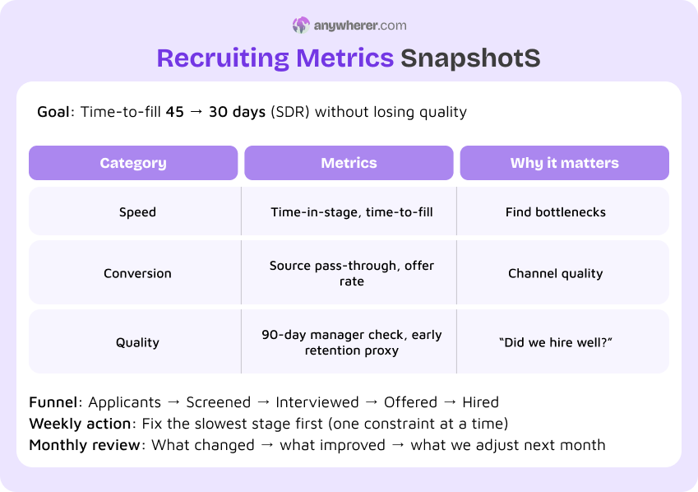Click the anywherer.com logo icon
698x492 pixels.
[301, 26]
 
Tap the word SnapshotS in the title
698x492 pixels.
[470, 58]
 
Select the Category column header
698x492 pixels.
[133, 163]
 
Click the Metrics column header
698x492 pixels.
[349, 163]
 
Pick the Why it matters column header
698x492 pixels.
[564, 163]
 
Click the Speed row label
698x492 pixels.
[137, 212]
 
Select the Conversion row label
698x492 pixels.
[137, 273]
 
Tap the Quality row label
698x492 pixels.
[137, 342]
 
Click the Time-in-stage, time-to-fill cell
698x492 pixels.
[351, 212]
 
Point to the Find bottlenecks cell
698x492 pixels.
[555, 212]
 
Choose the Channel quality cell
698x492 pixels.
[555, 273]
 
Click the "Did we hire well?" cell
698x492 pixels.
[555, 342]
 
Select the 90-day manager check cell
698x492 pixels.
[351, 342]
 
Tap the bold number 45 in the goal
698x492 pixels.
[175, 112]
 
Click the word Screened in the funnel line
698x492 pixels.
[218, 402]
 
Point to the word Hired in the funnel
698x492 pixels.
[480, 402]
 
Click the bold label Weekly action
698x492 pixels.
[80, 424]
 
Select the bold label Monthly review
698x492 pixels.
[85, 445]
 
